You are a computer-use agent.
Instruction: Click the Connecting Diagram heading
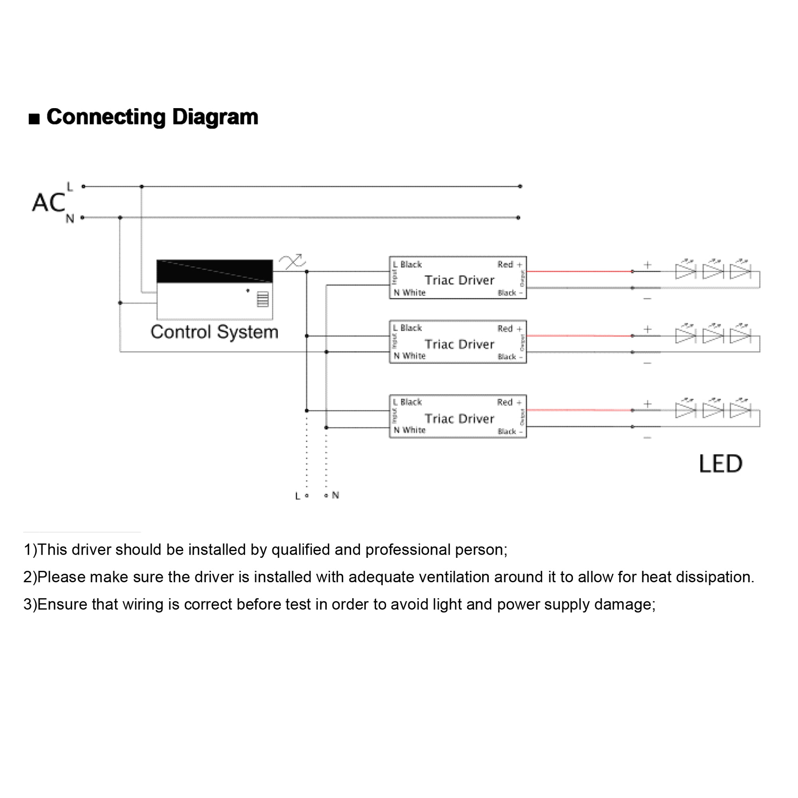click(x=152, y=117)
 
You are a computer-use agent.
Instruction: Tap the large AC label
click(x=48, y=203)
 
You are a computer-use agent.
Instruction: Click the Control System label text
click(x=214, y=332)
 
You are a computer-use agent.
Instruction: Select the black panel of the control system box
click(x=214, y=271)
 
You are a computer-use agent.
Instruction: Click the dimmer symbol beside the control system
click(x=292, y=261)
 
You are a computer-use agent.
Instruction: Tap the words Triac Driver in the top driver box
click(x=459, y=280)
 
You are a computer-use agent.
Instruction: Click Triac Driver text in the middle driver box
click(x=459, y=344)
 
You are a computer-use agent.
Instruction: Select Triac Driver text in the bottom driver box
click(x=459, y=419)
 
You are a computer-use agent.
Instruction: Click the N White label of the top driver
click(x=409, y=293)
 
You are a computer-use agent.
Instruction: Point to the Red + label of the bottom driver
click(x=509, y=402)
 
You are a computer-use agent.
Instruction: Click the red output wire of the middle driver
click(x=578, y=336)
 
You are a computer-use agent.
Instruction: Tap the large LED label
click(x=720, y=464)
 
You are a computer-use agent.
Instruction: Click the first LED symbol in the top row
click(x=685, y=271)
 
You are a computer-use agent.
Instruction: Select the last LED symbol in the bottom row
click(x=740, y=410)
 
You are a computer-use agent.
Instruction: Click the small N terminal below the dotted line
click(x=326, y=495)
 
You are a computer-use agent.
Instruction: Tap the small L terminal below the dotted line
click(x=306, y=496)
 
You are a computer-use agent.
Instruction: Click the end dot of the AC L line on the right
click(x=520, y=186)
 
